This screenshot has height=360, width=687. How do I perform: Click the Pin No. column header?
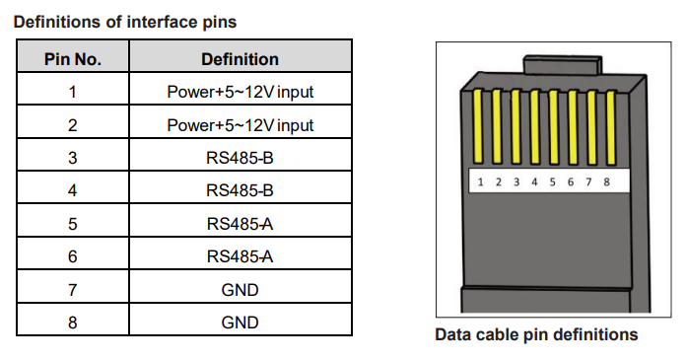click(73, 59)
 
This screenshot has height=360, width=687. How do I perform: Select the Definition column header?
click(240, 59)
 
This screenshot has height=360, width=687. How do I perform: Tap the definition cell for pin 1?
click(240, 92)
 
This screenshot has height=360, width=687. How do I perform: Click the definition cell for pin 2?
click(240, 125)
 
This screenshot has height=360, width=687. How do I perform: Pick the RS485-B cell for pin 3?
click(240, 158)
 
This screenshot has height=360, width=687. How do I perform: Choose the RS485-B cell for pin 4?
click(240, 190)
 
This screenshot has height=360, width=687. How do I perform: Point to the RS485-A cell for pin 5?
click(240, 224)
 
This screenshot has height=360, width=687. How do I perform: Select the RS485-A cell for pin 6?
click(240, 256)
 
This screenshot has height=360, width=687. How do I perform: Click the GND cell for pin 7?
click(240, 289)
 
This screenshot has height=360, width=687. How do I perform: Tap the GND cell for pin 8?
click(240, 323)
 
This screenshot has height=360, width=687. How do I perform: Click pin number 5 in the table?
click(73, 224)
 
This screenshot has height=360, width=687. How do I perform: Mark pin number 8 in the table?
click(73, 323)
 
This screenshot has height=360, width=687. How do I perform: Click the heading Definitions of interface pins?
click(125, 22)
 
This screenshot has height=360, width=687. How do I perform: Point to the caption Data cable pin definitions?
click(536, 334)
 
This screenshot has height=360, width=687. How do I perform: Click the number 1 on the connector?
click(481, 182)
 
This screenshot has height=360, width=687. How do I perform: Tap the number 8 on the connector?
click(606, 181)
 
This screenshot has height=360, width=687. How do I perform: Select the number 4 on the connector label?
click(534, 181)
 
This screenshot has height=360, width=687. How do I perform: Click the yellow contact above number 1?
click(478, 126)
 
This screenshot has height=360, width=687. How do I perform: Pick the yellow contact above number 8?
click(611, 127)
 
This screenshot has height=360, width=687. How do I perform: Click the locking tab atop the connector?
click(563, 65)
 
